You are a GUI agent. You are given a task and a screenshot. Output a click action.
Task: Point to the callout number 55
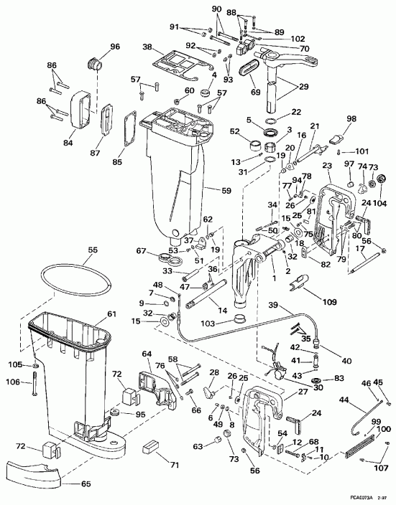click(92, 250)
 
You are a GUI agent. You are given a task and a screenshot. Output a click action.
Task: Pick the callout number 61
click(111, 313)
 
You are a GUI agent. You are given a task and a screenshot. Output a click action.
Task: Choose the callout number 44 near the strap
click(344, 399)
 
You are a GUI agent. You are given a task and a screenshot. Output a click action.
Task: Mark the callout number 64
click(147, 354)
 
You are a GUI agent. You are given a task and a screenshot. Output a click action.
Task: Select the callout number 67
click(142, 250)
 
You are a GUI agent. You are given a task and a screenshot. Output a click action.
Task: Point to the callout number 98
click(351, 118)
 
